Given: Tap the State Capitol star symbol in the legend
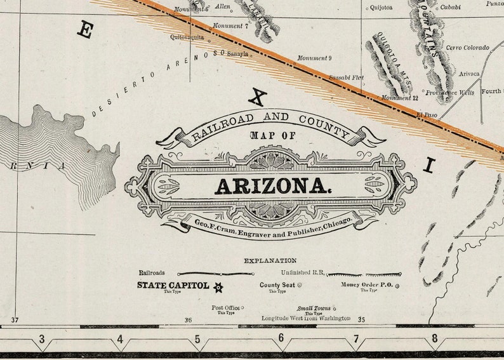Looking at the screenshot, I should (x=218, y=287).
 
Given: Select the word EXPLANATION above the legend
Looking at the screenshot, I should (x=270, y=260).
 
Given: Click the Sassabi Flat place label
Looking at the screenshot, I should (x=346, y=77).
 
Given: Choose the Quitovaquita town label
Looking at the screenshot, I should (x=187, y=37).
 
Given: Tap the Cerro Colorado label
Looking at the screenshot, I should (x=467, y=48).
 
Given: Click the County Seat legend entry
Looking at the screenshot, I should (x=277, y=285).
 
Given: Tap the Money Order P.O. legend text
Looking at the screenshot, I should (x=367, y=285).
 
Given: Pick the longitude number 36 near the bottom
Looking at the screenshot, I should (x=188, y=321).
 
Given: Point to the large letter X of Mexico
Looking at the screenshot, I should (x=257, y=97).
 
